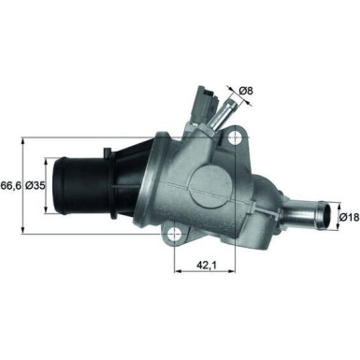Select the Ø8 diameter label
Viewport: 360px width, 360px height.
pos(246,91)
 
